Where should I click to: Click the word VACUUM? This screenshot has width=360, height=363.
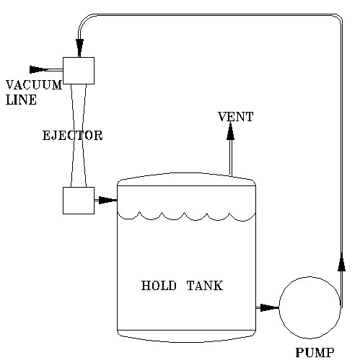pyautogui.click(x=34, y=85)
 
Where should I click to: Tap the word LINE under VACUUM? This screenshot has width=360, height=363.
pyautogui.click(x=21, y=100)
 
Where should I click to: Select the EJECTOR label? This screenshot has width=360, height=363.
pyautogui.click(x=72, y=136)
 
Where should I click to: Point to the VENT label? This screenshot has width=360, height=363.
pyautogui.click(x=236, y=117)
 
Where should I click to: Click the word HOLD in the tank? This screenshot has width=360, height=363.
pyautogui.click(x=159, y=286)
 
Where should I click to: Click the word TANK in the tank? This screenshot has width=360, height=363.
pyautogui.click(x=205, y=286)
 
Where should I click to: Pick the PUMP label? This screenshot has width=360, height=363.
pyautogui.click(x=315, y=353)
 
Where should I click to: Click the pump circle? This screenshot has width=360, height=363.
pyautogui.click(x=279, y=307)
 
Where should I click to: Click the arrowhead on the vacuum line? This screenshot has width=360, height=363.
pyautogui.click(x=38, y=69)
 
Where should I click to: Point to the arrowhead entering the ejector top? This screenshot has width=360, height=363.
pyautogui.click(x=79, y=48)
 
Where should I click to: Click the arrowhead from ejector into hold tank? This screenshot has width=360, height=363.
pyautogui.click(x=107, y=200)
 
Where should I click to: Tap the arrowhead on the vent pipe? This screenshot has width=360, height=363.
pyautogui.click(x=230, y=131)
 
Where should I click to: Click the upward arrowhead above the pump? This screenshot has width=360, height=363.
pyautogui.click(x=341, y=262)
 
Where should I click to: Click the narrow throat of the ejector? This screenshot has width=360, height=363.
pyautogui.click(x=79, y=136)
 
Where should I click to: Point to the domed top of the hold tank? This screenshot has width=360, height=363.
pyautogui.click(x=186, y=172)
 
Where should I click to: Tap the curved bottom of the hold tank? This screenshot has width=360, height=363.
pyautogui.click(x=186, y=342)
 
